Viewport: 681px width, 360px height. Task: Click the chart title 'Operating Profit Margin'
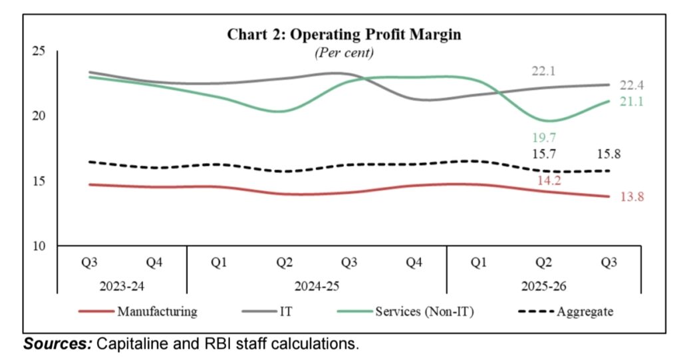(x=344, y=34)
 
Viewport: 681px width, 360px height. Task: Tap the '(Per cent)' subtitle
(x=344, y=52)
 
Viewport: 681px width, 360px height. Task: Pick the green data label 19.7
(x=543, y=138)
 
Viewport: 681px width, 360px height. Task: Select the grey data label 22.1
(x=543, y=71)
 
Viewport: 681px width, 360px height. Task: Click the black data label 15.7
(x=543, y=154)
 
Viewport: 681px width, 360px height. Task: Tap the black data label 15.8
(x=608, y=154)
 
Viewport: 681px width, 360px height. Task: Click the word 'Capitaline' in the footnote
(x=128, y=345)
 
